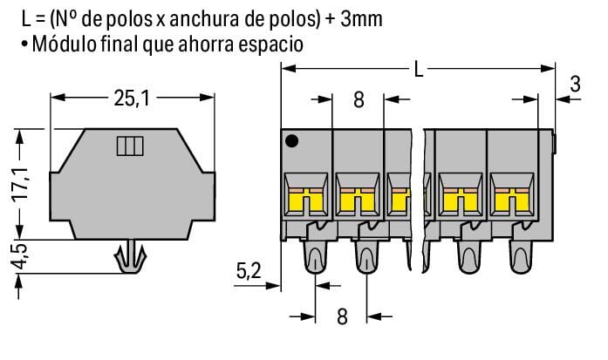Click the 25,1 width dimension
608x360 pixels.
132,98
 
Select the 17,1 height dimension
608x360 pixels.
20,181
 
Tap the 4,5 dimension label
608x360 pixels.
20,259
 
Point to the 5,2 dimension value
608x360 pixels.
249,272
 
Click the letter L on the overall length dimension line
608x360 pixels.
419,70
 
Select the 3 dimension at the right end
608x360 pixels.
574,85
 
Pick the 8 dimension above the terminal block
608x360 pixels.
359,99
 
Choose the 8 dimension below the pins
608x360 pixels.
341,341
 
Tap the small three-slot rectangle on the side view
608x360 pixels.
128,146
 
